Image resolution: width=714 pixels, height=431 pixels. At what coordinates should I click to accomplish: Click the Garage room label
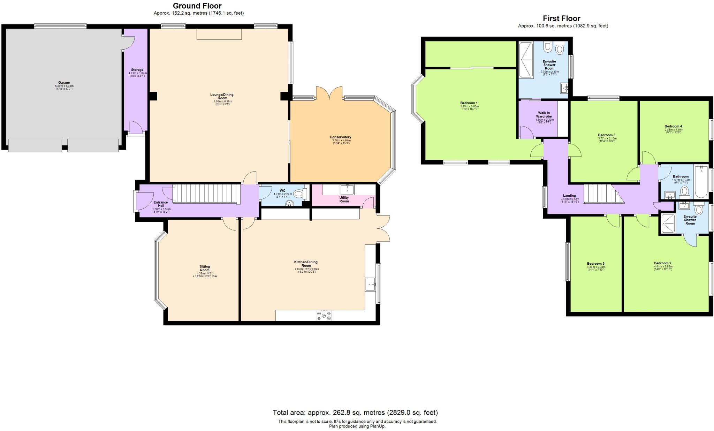coord(64,83)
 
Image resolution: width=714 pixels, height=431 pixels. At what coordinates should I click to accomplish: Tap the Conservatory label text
coord(340,137)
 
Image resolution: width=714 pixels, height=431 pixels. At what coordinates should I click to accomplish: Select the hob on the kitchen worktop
coord(324,315)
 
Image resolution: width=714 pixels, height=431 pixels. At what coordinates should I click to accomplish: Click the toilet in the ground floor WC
coord(299,194)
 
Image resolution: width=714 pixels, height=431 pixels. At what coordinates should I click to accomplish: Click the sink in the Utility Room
coord(348,189)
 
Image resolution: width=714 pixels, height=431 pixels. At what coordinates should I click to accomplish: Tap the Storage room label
coord(137,70)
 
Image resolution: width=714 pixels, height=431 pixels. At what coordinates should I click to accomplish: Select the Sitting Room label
coord(205,269)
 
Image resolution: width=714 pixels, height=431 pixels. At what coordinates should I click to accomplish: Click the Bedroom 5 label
coord(595,264)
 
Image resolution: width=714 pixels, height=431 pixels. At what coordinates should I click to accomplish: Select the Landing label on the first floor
coord(569,196)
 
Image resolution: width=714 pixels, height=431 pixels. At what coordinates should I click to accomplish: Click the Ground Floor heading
coord(197,6)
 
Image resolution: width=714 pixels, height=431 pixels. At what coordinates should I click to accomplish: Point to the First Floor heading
coord(561,18)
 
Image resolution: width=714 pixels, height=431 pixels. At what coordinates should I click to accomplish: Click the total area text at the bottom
coord(355,413)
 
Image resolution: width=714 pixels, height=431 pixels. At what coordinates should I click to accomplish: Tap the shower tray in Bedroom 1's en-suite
coord(526,60)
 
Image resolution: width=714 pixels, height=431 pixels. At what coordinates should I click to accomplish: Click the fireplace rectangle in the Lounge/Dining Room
coord(219,34)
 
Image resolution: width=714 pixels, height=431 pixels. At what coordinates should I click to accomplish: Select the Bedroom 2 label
coord(662,263)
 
